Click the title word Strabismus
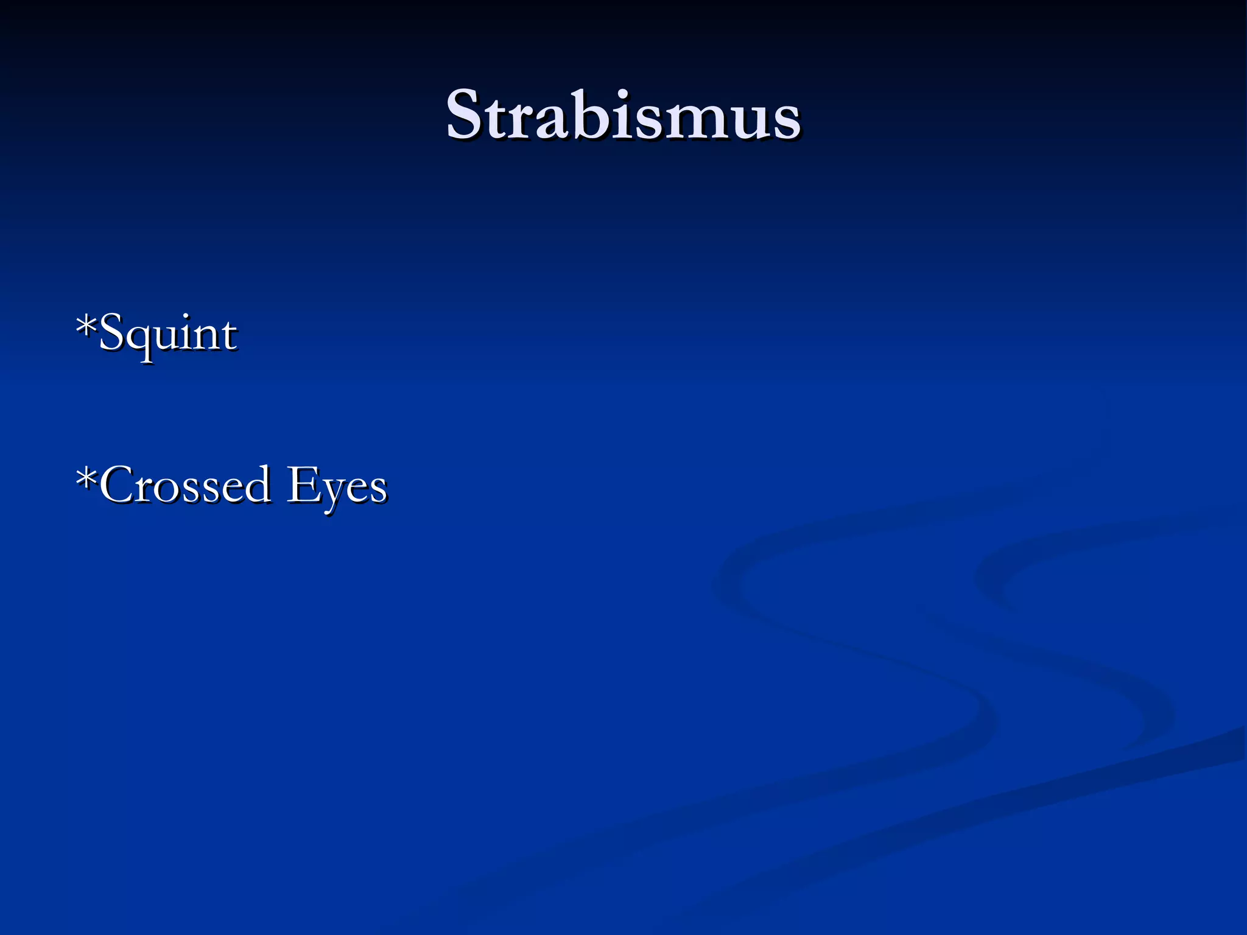click(623, 116)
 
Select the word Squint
click(167, 334)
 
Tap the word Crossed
click(185, 485)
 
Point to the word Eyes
click(337, 486)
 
